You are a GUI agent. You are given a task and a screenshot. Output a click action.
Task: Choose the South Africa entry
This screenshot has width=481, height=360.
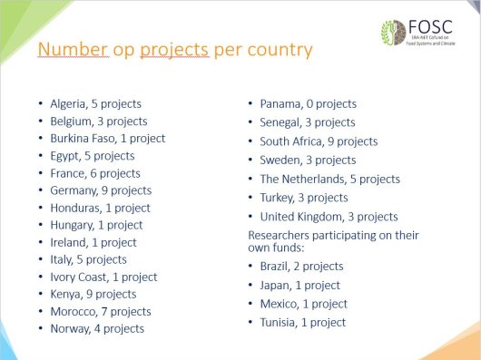319,141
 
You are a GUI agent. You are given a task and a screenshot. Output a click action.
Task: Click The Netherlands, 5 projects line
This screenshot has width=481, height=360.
329,180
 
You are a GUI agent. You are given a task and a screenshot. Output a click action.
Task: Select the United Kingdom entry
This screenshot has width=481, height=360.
329,217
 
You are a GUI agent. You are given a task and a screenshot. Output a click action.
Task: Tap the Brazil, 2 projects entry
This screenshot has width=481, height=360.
301,267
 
